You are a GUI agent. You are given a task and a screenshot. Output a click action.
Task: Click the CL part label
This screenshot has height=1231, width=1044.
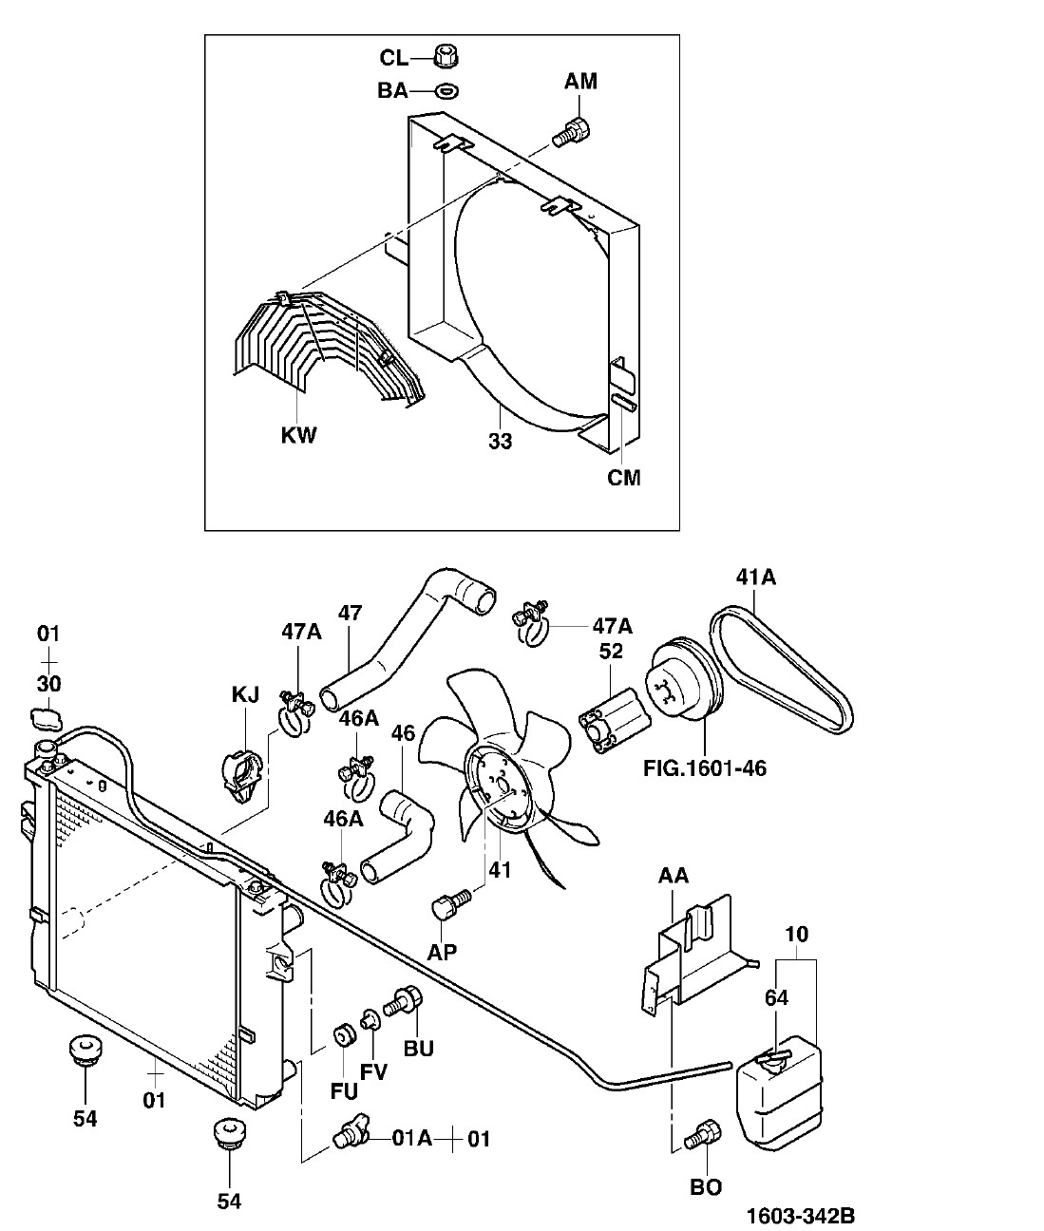coord(393,59)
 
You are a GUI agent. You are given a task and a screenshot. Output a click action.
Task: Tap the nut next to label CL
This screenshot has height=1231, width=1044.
coord(444,57)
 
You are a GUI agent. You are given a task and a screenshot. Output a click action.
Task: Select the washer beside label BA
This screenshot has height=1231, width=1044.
coord(446,91)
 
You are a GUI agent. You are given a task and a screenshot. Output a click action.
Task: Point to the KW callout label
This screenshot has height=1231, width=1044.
coord(298,436)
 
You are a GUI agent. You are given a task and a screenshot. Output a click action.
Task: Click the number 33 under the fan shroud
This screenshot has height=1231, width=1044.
coord(500,441)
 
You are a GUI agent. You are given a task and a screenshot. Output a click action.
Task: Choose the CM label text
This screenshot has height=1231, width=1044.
coord(624,477)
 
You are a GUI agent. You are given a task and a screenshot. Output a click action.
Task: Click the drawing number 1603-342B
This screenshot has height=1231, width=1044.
coord(800,1215)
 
